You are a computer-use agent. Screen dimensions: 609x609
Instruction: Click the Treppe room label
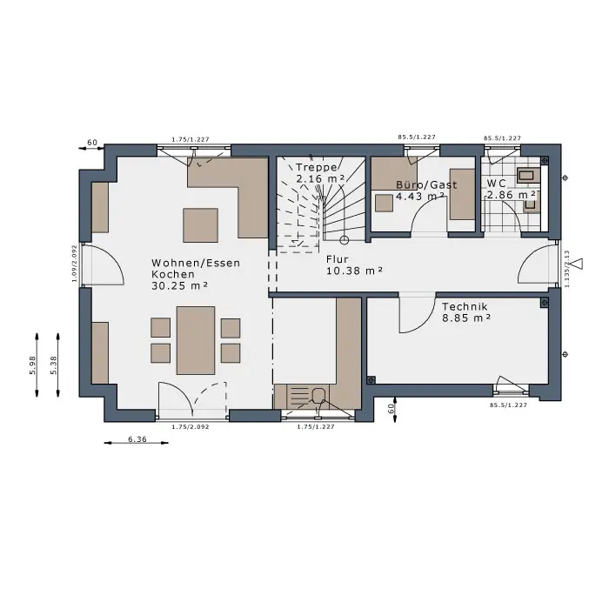(x=316, y=167)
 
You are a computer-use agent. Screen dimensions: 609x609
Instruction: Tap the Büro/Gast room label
(x=426, y=184)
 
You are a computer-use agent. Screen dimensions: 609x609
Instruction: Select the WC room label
(x=496, y=183)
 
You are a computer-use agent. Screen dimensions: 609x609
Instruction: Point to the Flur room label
(x=338, y=259)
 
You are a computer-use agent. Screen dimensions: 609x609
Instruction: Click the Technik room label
(x=465, y=306)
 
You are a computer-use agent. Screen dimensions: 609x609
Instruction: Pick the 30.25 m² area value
(x=179, y=285)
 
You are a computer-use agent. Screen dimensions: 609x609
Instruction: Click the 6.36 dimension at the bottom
(x=137, y=439)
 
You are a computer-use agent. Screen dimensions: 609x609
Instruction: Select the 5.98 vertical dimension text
(x=33, y=365)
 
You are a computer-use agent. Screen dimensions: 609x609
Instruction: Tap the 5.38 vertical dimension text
(x=54, y=365)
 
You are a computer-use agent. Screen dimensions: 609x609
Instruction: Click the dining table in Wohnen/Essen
(x=196, y=341)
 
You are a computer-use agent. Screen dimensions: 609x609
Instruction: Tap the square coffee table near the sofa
(x=200, y=225)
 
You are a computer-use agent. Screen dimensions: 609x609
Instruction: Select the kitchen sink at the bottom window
(x=301, y=396)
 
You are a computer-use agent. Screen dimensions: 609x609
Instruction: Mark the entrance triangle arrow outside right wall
(x=579, y=264)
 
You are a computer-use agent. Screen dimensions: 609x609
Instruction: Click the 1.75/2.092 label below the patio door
(x=191, y=427)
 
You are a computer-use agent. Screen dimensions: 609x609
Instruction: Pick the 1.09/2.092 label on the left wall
(x=74, y=263)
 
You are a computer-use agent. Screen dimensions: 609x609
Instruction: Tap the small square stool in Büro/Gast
(x=384, y=203)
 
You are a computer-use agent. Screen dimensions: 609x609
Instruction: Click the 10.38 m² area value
(x=354, y=271)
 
